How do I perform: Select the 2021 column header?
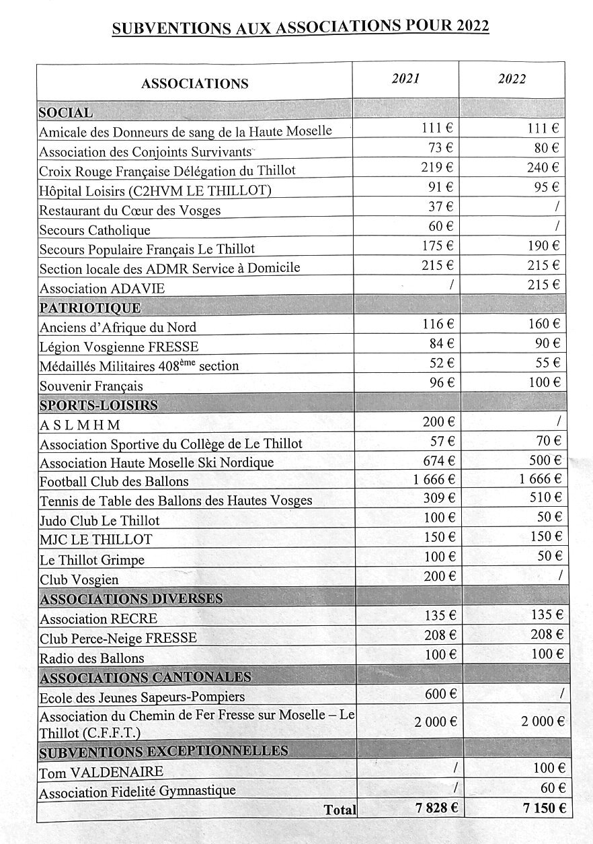pyautogui.click(x=405, y=79)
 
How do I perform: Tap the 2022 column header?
pyautogui.click(x=512, y=79)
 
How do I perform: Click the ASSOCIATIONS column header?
pyautogui.click(x=195, y=84)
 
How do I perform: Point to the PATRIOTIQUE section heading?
pyautogui.click(x=90, y=308)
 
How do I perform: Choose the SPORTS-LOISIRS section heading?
pyautogui.click(x=99, y=405)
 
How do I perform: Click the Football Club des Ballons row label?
pyautogui.click(x=114, y=481)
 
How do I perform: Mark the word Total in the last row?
pyautogui.click(x=340, y=810)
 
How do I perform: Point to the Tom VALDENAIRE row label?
pyautogui.click(x=102, y=772)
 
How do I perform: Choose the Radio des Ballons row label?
pyautogui.click(x=92, y=658)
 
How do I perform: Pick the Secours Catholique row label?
pyautogui.click(x=95, y=230)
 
